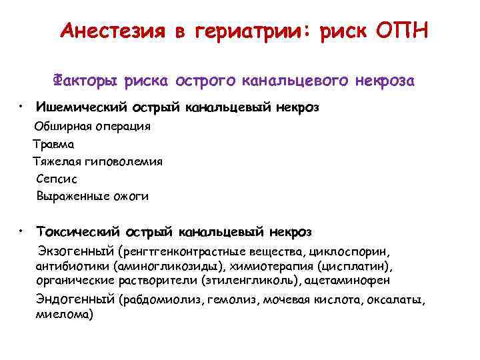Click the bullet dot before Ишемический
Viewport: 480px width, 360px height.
pyautogui.click(x=22, y=105)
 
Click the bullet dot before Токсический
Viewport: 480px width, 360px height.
pyautogui.click(x=22, y=231)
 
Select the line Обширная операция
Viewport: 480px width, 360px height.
pyautogui.click(x=93, y=126)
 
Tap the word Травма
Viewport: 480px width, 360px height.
pyautogui.click(x=54, y=143)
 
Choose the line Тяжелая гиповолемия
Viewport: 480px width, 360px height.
pyautogui.click(x=97, y=161)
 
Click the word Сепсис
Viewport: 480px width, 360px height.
pyautogui.click(x=57, y=179)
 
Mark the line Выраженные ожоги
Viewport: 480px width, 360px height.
pyautogui.click(x=93, y=197)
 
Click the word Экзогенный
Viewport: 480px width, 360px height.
pyautogui.click(x=75, y=253)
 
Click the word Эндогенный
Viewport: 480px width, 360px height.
pyautogui.click(x=75, y=299)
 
